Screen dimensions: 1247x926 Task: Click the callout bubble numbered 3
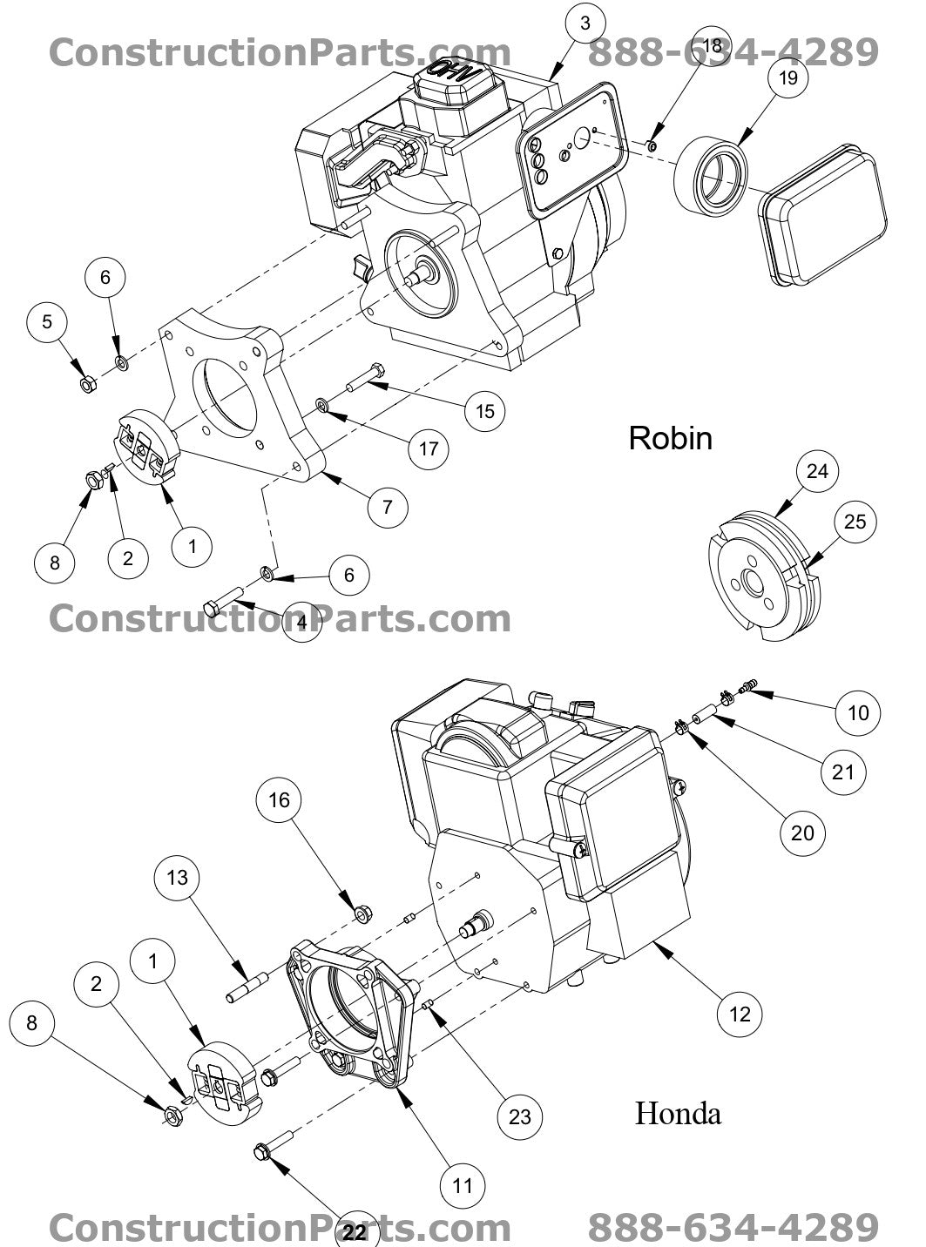tap(585, 24)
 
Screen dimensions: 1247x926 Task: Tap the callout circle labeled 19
tap(787, 78)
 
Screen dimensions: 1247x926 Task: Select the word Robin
tap(670, 437)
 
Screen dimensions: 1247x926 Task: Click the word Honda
tap(677, 1112)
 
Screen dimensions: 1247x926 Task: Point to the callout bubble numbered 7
tap(386, 505)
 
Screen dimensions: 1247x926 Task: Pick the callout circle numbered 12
tap(740, 1014)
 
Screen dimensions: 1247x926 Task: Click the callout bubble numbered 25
tap(855, 521)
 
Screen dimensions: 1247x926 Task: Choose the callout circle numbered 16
tap(280, 799)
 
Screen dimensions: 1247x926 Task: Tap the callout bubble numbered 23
tap(519, 1116)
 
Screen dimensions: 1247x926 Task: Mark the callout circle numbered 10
tap(858, 713)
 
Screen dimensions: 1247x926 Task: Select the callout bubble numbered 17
tap(428, 449)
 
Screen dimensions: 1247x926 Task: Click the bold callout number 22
tap(355, 1233)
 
